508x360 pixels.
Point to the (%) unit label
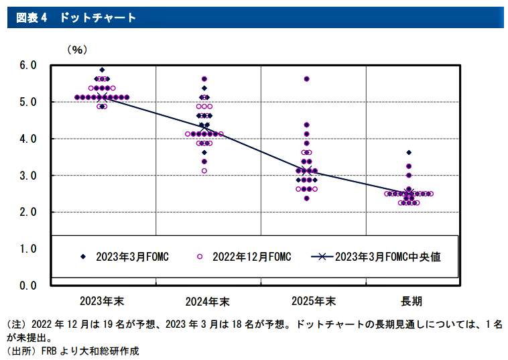click(x=76, y=50)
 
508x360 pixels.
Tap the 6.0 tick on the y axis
click(x=27, y=66)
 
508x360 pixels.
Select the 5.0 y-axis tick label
click(x=27, y=102)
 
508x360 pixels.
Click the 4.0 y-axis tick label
click(x=27, y=139)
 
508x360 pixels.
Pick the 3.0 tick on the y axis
click(x=27, y=176)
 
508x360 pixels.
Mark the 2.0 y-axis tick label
click(x=27, y=212)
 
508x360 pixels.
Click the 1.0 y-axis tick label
click(x=27, y=249)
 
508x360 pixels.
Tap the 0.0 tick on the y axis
click(x=27, y=286)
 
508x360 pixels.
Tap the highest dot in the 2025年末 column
click(x=306, y=79)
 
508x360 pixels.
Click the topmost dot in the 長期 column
click(x=409, y=153)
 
